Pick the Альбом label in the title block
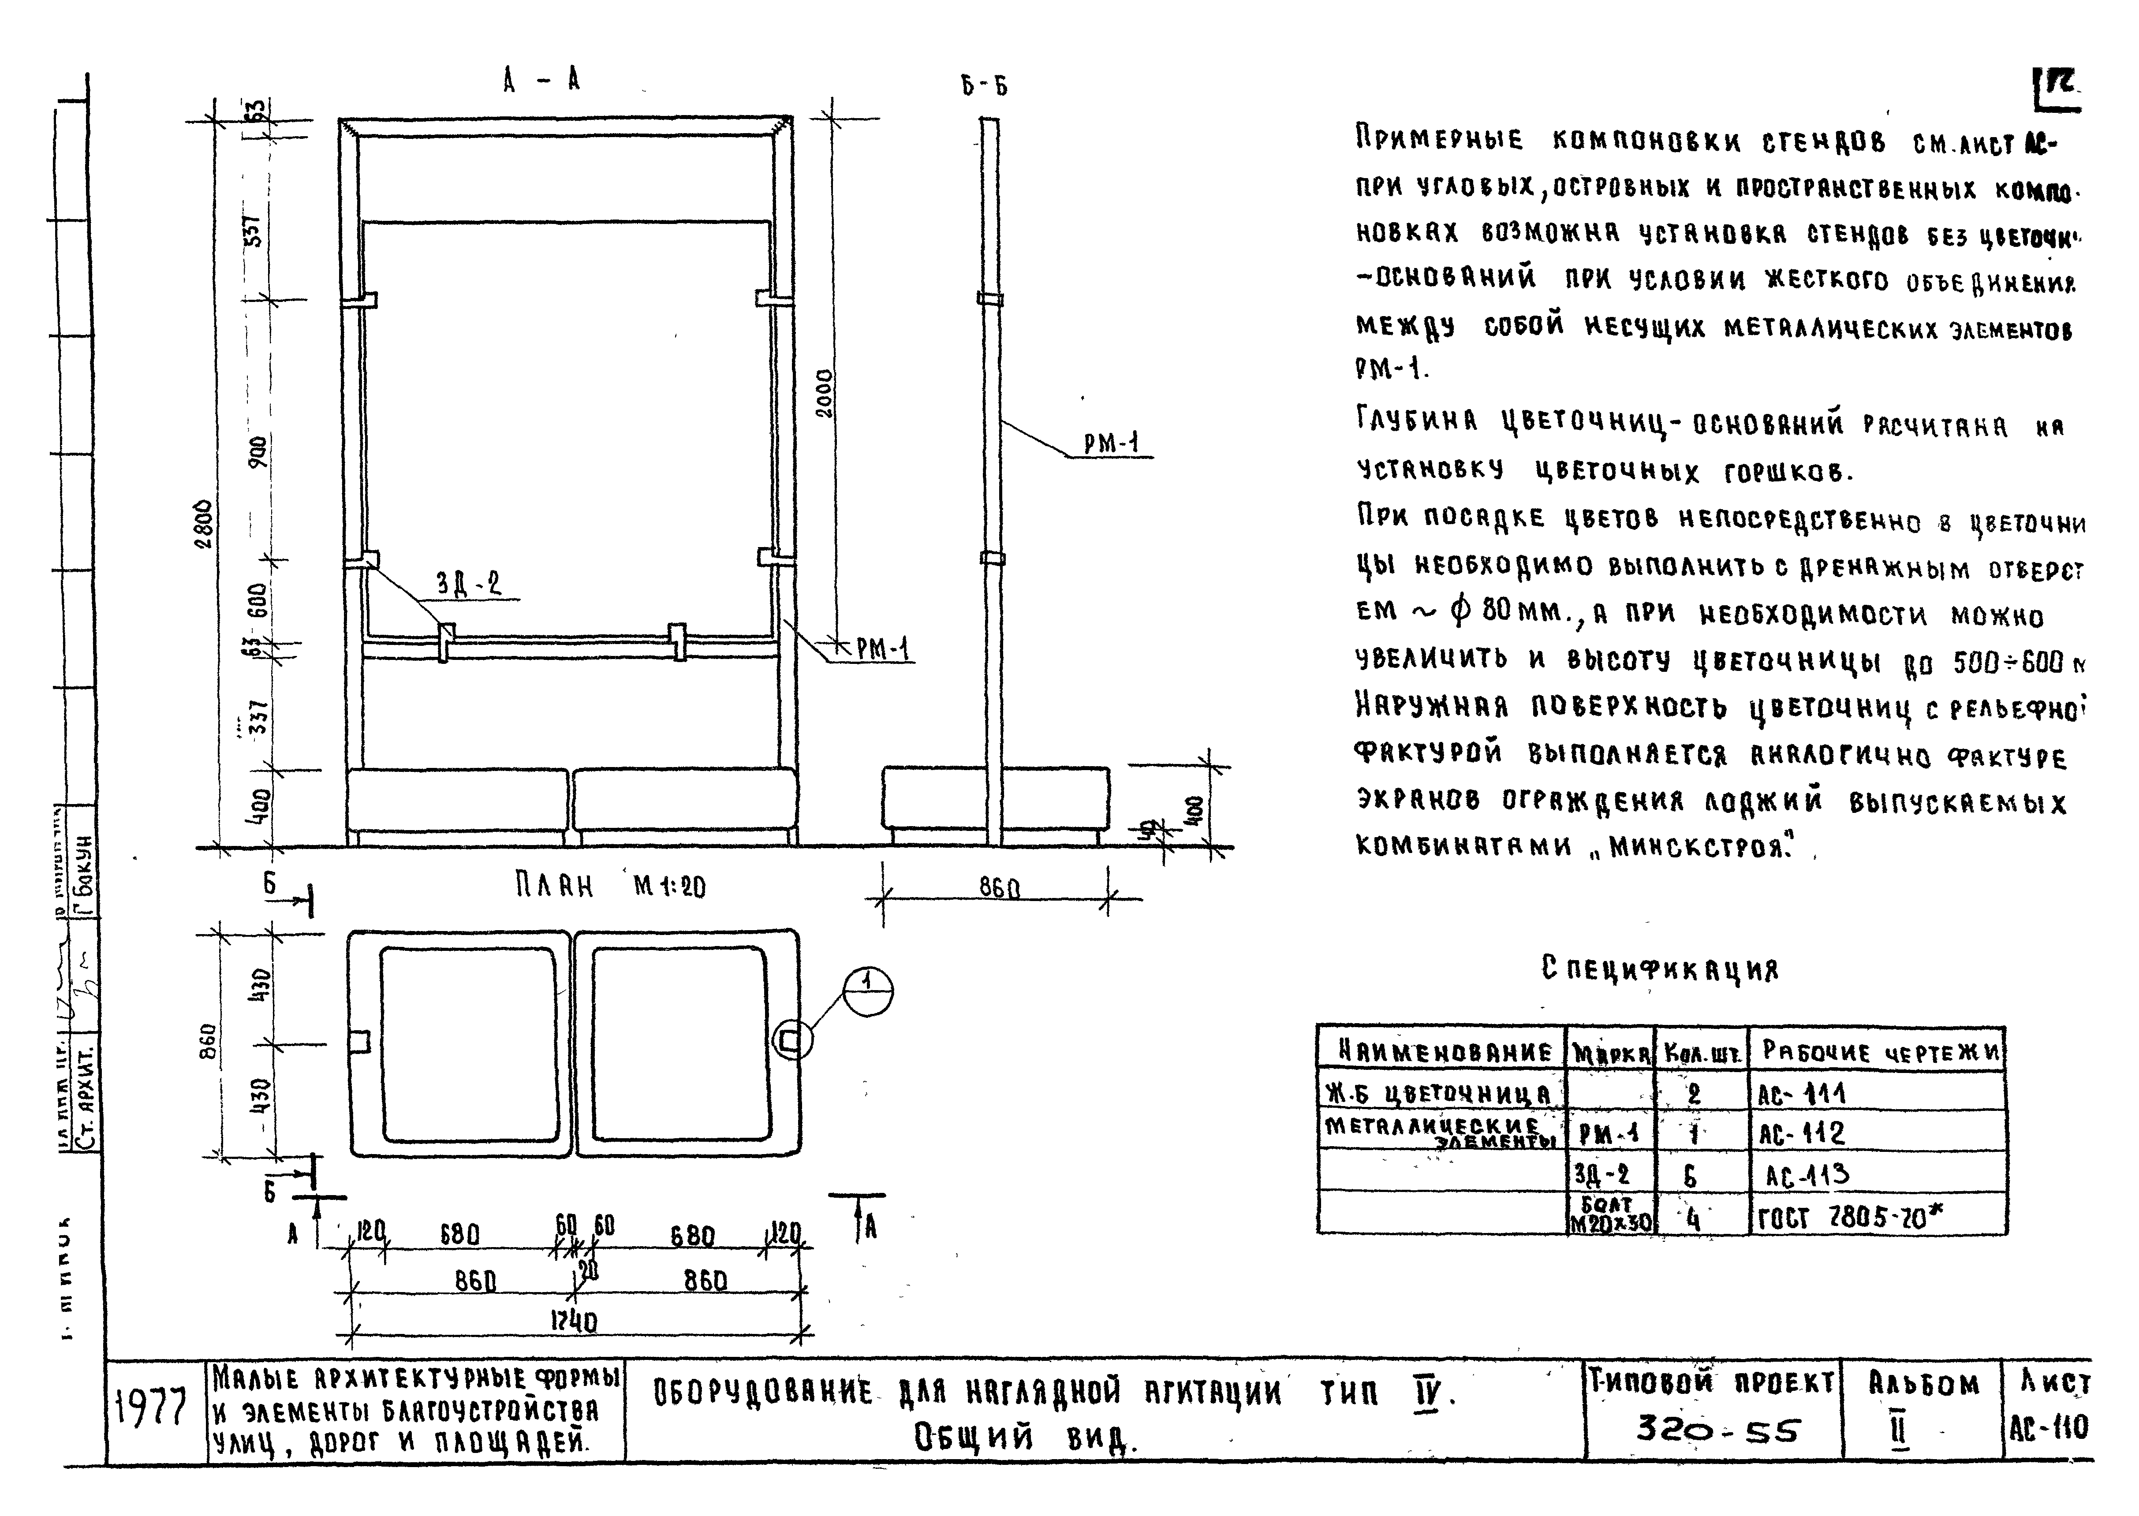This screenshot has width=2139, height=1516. (1923, 1384)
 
